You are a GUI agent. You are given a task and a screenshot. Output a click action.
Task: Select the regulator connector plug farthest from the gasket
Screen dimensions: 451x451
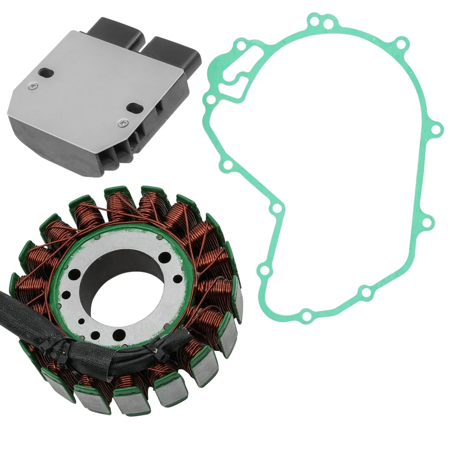(x=116, y=33)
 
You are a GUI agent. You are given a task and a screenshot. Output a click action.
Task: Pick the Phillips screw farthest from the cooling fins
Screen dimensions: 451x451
(x=31, y=86)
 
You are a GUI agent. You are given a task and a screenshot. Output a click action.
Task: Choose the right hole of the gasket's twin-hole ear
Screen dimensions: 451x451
(x=330, y=22)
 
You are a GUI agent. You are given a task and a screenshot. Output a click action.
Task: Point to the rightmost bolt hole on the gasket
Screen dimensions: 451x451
(x=436, y=128)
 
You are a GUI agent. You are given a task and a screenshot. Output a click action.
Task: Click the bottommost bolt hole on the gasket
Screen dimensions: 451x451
(x=306, y=315)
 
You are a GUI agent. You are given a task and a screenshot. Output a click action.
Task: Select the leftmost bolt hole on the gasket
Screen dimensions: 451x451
(x=210, y=100)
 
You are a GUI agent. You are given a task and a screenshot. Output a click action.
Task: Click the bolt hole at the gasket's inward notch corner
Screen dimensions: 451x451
(x=277, y=208)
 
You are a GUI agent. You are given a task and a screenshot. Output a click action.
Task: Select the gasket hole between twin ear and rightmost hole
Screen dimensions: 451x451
(x=401, y=45)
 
